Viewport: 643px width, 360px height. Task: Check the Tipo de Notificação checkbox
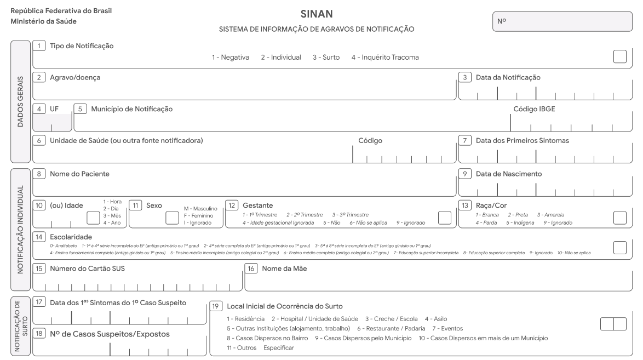(x=620, y=56)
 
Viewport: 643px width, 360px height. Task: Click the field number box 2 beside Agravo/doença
(x=39, y=77)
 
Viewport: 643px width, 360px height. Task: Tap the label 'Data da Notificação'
(x=508, y=78)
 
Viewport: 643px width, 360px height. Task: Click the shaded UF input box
(x=52, y=122)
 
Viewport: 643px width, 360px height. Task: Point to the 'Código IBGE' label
(x=534, y=108)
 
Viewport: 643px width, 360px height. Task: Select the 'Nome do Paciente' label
(x=79, y=174)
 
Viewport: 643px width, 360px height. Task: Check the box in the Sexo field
(x=172, y=218)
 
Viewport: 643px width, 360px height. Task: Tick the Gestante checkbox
(x=445, y=218)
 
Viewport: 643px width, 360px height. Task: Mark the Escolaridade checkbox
(x=620, y=248)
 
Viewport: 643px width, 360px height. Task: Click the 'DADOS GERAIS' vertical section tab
(x=20, y=101)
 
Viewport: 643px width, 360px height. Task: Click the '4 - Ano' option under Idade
(x=112, y=223)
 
